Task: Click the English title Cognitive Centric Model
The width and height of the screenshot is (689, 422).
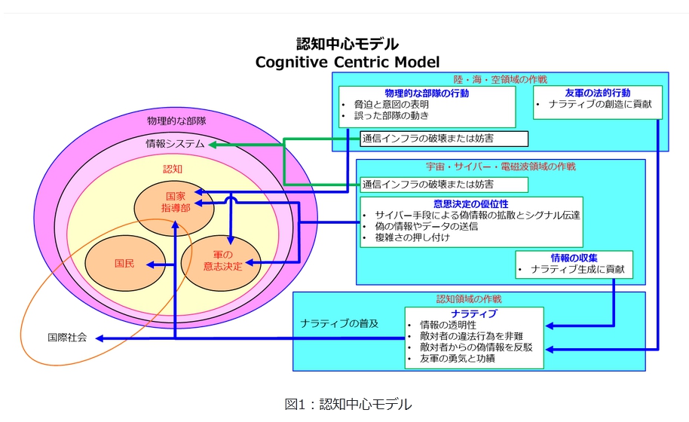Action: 347,62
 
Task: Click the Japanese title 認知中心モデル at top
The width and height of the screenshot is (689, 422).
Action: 347,44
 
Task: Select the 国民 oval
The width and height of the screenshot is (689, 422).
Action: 124,265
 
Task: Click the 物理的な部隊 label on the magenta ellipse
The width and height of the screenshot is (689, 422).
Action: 176,120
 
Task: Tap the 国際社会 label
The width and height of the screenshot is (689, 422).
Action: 67,338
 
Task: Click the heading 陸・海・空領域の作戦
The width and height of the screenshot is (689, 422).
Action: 500,79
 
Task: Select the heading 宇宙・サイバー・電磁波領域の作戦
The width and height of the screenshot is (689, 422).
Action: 501,167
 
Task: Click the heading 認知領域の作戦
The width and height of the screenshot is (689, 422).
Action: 469,299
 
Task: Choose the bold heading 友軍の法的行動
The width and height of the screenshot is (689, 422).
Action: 597,93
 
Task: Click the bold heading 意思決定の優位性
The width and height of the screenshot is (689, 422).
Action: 470,203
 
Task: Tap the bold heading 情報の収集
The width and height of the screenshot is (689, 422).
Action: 574,258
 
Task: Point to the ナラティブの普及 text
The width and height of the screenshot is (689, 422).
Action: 339,323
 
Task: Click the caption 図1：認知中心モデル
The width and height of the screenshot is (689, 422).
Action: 348,405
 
